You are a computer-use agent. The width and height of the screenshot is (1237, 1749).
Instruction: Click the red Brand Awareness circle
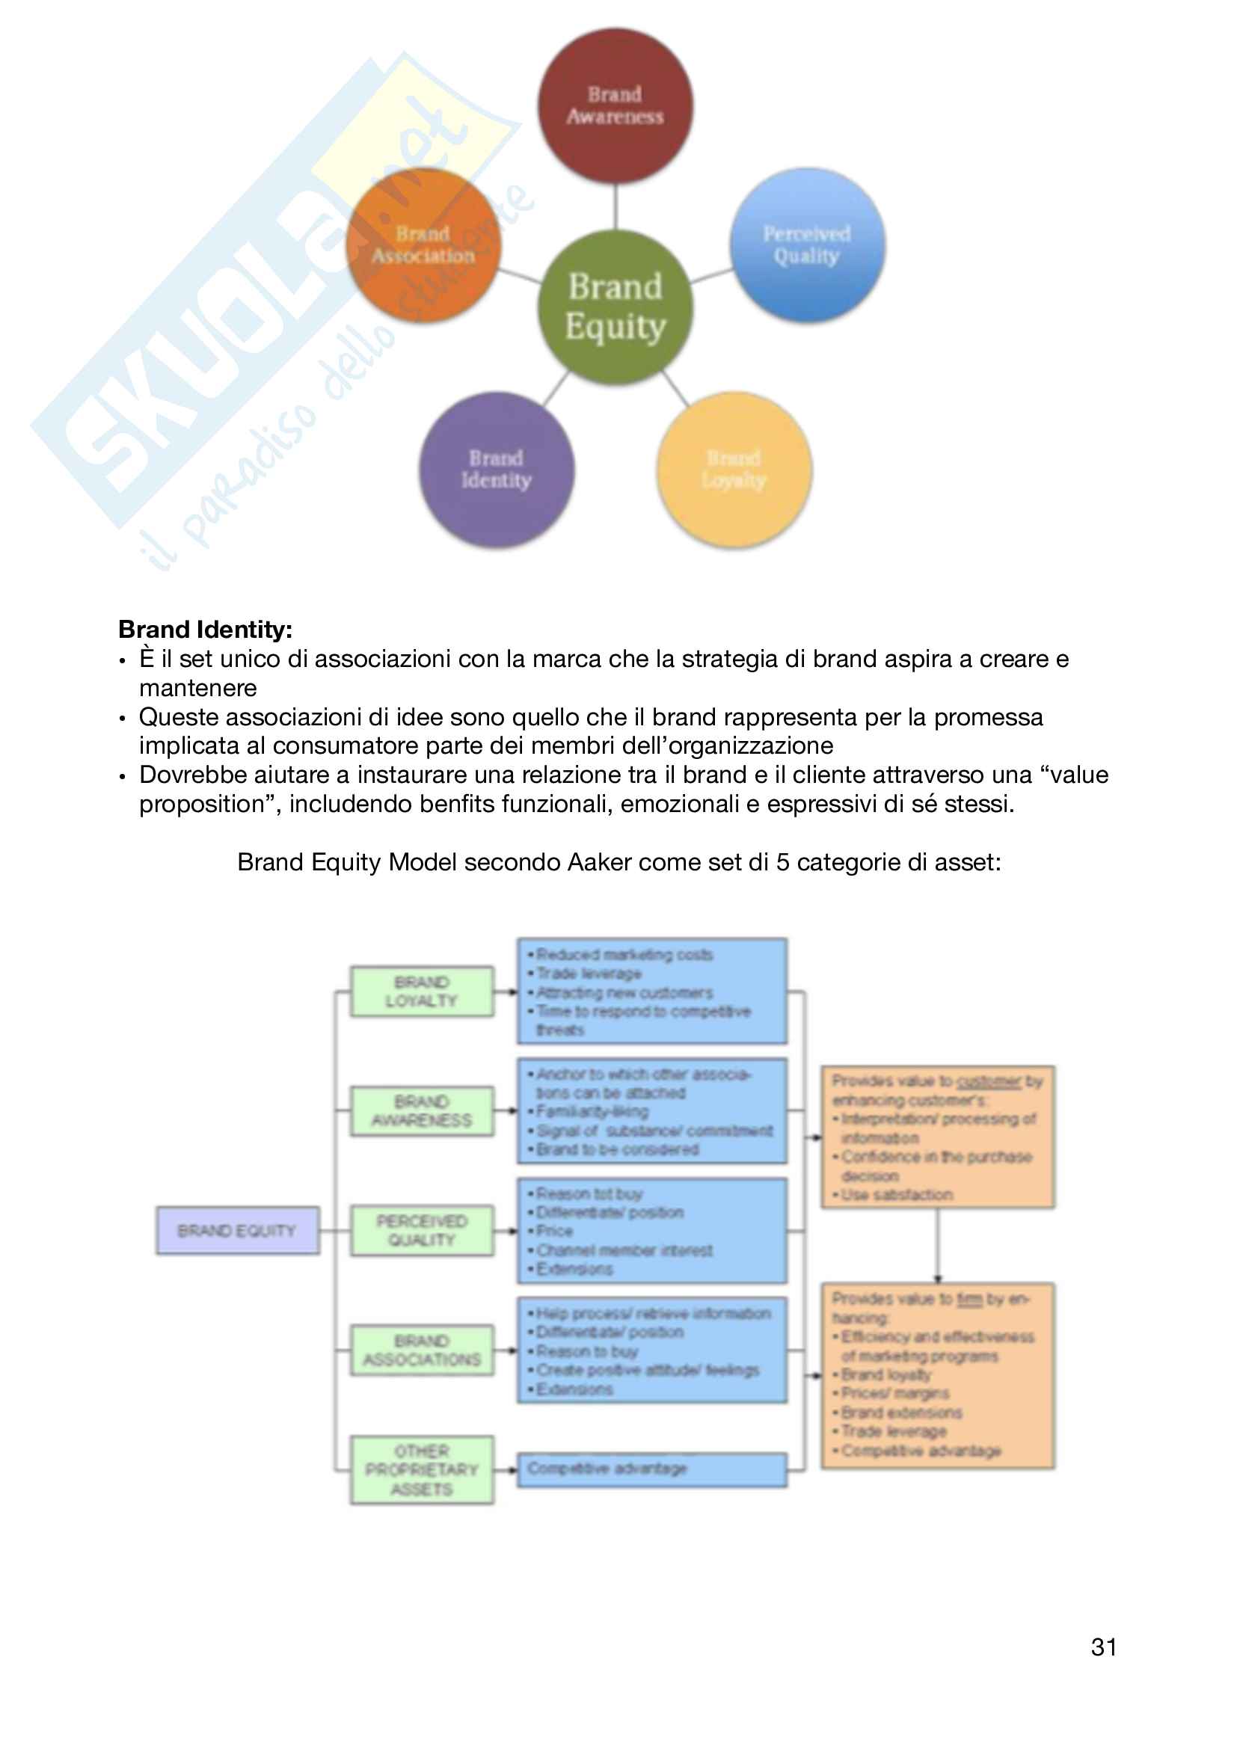[x=616, y=106]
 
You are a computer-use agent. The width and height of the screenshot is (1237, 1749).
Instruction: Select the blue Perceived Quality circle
[x=808, y=245]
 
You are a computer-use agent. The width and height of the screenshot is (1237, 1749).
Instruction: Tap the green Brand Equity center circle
[x=616, y=307]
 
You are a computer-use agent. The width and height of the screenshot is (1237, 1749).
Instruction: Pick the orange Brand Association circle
[x=423, y=245]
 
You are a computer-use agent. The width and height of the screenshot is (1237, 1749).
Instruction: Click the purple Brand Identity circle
[x=497, y=470]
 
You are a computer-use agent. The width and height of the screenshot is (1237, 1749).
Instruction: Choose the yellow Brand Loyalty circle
[x=734, y=470]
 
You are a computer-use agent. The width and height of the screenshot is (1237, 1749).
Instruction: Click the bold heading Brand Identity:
[x=206, y=630]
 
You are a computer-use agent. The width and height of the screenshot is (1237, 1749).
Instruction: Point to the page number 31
[x=1104, y=1648]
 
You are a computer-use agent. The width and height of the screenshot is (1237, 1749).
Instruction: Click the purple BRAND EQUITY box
[x=238, y=1230]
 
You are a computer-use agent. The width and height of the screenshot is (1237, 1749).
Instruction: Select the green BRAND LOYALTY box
[x=422, y=991]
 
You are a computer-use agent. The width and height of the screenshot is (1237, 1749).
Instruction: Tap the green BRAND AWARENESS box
[x=422, y=1110]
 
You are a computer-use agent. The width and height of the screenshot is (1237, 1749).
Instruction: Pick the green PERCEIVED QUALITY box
[x=422, y=1230]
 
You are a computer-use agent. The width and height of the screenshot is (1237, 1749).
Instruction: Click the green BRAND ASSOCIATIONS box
[x=422, y=1350]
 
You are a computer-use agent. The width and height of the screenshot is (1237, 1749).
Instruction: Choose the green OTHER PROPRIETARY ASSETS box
[x=422, y=1469]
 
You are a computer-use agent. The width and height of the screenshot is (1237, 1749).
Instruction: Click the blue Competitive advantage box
[x=652, y=1469]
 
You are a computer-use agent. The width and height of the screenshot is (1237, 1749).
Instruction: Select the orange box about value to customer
[x=938, y=1137]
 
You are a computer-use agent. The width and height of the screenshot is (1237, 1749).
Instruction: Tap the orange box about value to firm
[x=938, y=1376]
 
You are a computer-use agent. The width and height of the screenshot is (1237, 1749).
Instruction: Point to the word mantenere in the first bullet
[x=198, y=688]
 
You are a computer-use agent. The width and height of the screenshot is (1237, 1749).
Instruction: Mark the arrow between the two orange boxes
[x=938, y=1245]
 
